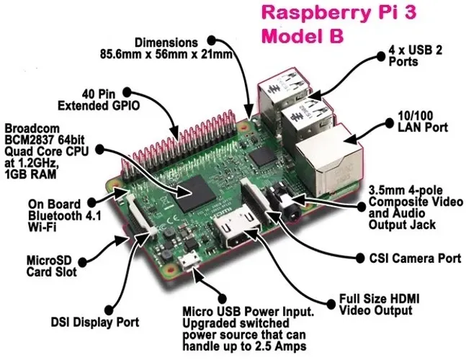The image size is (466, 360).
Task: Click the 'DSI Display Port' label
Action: [x=94, y=322]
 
